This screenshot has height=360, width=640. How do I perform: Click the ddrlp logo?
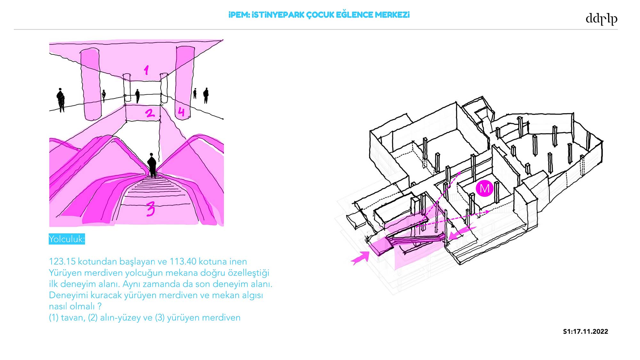(601, 19)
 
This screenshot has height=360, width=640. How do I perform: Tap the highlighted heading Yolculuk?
(67, 239)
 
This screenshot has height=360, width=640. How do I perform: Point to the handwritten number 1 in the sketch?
(146, 70)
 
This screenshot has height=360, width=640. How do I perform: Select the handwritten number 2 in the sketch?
(149, 113)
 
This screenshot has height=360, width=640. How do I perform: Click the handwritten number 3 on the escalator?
(151, 209)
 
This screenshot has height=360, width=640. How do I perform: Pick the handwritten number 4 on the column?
(181, 112)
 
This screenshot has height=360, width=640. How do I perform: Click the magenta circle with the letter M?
(484, 188)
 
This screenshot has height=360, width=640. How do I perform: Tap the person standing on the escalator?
(152, 165)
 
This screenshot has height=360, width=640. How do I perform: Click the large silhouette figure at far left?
(60, 100)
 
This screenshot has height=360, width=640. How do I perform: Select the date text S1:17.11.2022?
(585, 332)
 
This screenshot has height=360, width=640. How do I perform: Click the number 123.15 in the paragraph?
(62, 261)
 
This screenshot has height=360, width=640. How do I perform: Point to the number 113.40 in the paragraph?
(183, 261)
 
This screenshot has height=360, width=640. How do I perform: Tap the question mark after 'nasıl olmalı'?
(100, 306)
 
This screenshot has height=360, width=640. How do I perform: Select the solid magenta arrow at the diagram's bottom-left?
(360, 258)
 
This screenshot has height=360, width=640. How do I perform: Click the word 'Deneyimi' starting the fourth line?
(66, 295)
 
